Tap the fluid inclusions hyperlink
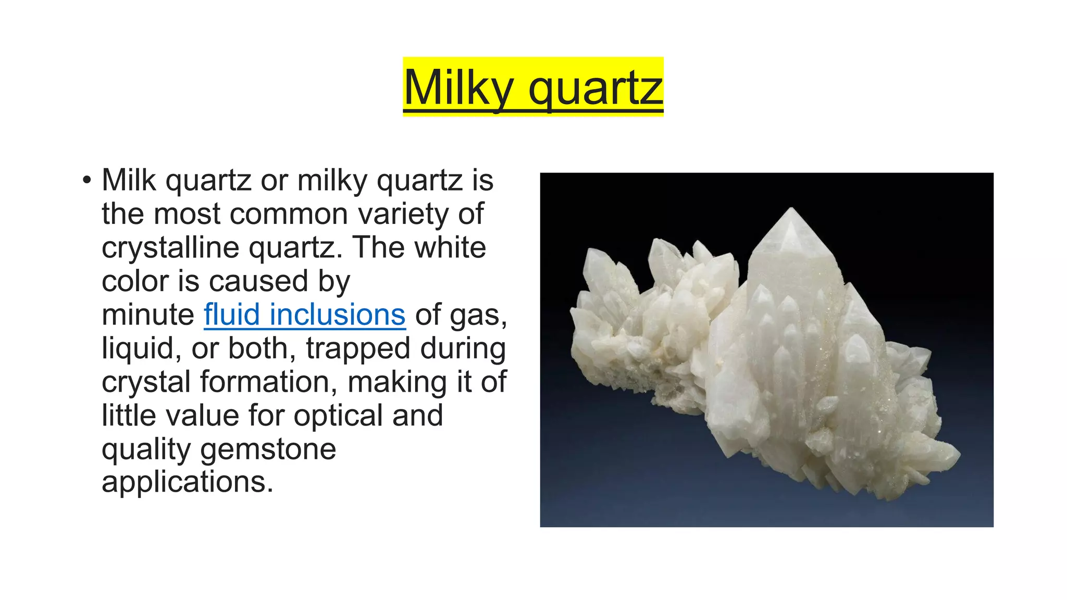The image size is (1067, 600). click(304, 315)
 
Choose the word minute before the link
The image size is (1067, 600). click(148, 315)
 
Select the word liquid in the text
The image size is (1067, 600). click(138, 348)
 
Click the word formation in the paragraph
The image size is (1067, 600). click(271, 382)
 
